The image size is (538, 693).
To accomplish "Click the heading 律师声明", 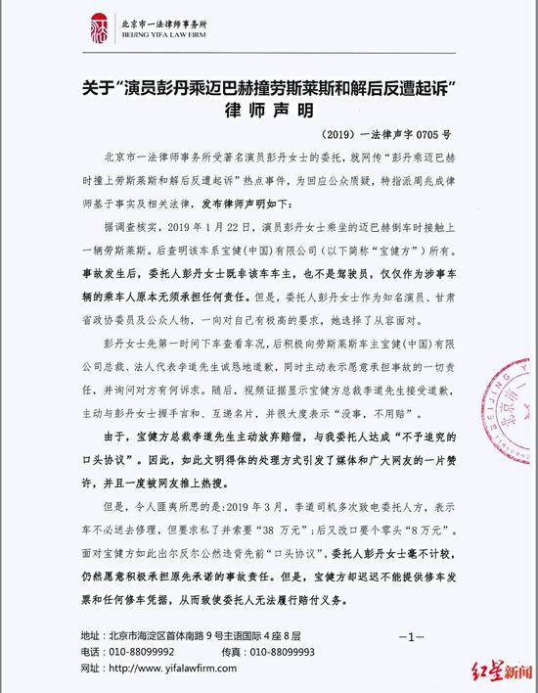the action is pos(270,110).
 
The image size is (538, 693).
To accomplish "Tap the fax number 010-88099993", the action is pos(296,649).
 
